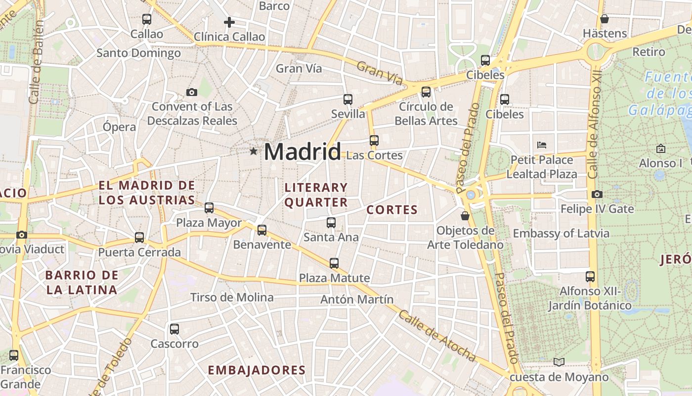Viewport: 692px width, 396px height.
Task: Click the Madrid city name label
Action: point(303,151)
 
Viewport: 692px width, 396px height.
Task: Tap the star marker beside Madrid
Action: point(254,151)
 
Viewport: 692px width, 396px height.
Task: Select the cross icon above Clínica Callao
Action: point(229,22)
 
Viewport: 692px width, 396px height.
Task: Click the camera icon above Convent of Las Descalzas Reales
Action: point(192,92)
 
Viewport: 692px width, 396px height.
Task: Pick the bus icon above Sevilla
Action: point(348,99)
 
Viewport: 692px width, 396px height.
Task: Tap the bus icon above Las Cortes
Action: point(374,141)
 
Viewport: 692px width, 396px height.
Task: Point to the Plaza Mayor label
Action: point(209,223)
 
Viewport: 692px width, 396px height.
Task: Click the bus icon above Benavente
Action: point(262,230)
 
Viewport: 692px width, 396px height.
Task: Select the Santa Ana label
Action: point(331,237)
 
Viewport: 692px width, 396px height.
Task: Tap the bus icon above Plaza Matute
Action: point(334,263)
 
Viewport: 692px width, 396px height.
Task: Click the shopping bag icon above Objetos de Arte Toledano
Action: point(465,216)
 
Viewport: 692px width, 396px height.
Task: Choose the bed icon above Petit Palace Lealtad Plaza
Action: point(542,145)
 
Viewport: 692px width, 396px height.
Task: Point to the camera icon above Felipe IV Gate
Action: point(597,194)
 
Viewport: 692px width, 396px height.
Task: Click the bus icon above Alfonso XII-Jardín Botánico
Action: point(590,276)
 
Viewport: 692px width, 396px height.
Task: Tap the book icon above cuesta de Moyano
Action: point(559,362)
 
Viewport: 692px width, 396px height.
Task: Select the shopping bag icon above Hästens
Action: point(604,19)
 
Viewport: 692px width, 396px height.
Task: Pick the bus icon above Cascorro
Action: point(174,329)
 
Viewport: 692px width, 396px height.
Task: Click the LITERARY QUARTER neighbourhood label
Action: point(316,195)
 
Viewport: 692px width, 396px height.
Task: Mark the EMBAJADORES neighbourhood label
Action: point(257,370)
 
